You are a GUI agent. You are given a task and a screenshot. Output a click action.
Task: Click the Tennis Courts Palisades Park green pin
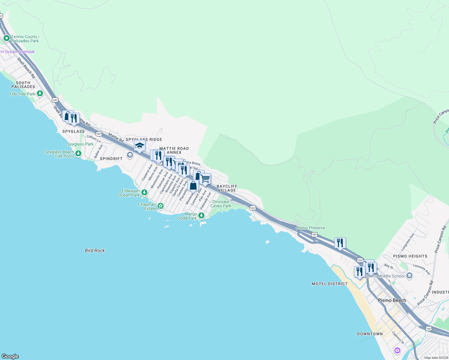[x=6, y=38]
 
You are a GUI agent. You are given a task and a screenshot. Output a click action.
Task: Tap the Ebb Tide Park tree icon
[x=40, y=94]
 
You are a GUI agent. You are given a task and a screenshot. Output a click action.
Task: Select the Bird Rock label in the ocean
[x=95, y=250]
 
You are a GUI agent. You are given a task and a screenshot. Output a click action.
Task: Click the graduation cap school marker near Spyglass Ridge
[x=140, y=146]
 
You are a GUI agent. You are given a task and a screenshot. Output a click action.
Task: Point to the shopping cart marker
[x=205, y=179]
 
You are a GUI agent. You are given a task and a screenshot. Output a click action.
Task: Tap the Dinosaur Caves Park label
[x=221, y=204]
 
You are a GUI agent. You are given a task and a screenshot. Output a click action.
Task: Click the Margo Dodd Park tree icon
[x=201, y=215]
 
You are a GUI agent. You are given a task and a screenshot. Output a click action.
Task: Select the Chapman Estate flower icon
[x=161, y=206]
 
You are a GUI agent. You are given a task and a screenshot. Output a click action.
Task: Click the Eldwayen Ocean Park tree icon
[x=144, y=192]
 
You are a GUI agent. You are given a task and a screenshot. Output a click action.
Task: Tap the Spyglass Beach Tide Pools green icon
[x=78, y=154]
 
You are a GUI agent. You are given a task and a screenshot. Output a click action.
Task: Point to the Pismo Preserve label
[x=310, y=228]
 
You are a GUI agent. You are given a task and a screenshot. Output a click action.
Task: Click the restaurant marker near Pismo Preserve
[x=340, y=243]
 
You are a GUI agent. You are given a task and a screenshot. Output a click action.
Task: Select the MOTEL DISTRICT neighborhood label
[x=330, y=283]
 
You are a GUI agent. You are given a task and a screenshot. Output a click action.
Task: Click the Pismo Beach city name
[x=392, y=300]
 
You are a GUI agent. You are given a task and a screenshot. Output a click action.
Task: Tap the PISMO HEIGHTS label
[x=410, y=256]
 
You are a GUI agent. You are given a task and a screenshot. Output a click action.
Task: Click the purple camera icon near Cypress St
[x=397, y=350]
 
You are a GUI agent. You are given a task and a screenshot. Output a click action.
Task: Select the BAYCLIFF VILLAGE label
[x=227, y=188]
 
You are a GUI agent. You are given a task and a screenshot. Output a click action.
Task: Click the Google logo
[x=10, y=356]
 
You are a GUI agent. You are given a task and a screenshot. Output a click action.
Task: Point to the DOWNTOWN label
[x=370, y=334]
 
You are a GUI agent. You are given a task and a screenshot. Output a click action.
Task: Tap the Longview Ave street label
[x=407, y=242]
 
